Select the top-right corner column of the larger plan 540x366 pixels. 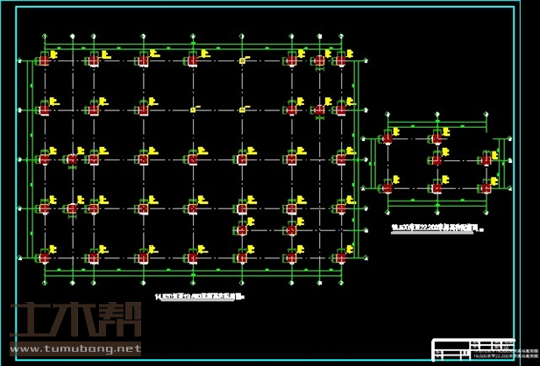340,60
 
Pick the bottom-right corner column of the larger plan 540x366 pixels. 340,257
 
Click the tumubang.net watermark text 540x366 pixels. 74,348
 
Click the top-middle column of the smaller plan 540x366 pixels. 436,138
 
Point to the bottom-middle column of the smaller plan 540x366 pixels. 436,187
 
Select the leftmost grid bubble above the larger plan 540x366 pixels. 46,38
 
